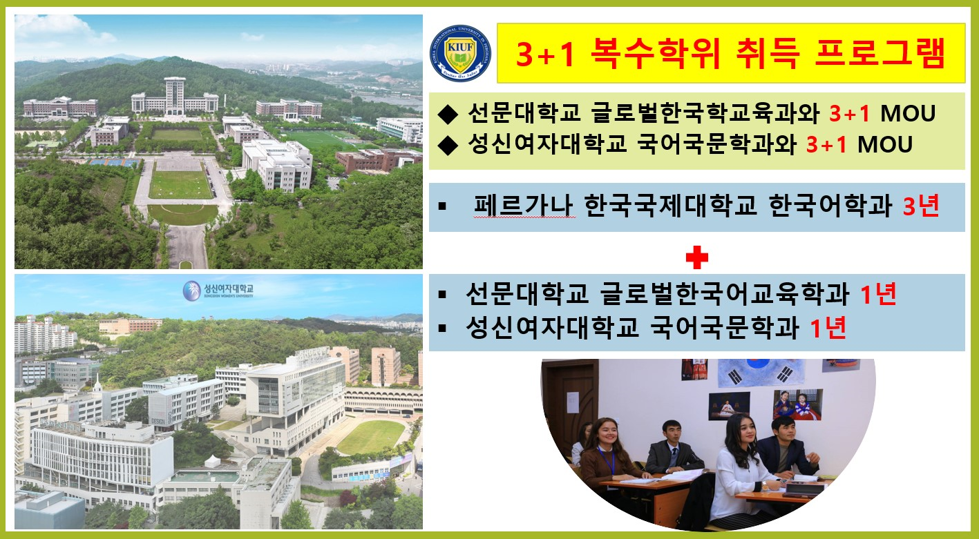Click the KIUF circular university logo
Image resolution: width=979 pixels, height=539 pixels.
pos(460,53)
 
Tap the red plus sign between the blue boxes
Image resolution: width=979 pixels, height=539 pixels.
pos(696,257)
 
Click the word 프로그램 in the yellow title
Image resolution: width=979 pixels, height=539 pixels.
pos(880,53)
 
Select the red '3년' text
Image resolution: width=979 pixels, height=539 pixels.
pos(921,206)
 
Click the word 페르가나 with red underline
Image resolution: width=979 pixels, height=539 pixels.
pos(524,206)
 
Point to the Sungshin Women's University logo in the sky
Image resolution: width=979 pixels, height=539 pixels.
pos(218,291)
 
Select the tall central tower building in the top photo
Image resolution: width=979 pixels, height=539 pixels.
pos(174,97)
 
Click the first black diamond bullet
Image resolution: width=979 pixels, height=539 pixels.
pos(448,114)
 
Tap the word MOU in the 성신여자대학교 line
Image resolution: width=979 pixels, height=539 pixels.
pos(884,145)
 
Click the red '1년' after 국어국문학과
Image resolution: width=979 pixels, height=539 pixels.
pos(828,328)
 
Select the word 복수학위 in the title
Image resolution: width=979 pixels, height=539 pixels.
pos(655,53)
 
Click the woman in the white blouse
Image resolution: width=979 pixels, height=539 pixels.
pos(742,471)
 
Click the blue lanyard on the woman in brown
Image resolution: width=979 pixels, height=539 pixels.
pos(607,460)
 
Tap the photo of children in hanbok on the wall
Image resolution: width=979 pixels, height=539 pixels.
pos(798,404)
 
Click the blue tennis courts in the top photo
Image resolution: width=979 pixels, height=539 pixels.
pos(115,162)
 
